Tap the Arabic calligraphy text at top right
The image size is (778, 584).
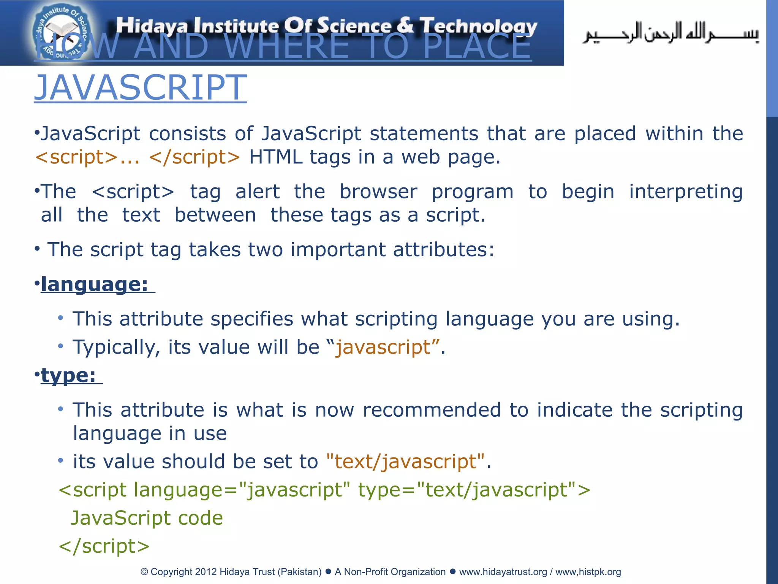click(x=670, y=33)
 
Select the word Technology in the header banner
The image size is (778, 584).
click(x=479, y=26)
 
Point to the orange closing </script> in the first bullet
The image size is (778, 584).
click(x=194, y=157)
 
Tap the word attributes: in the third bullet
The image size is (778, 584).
click(x=444, y=250)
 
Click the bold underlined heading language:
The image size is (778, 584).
click(x=95, y=284)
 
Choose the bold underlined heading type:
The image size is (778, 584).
click(x=68, y=375)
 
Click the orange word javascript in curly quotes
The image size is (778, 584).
click(x=383, y=347)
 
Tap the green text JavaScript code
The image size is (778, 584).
click(x=147, y=518)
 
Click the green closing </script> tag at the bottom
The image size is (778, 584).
click(x=104, y=546)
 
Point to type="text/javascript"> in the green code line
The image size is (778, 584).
click(x=474, y=490)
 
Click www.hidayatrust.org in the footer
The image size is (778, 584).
click(x=503, y=572)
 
